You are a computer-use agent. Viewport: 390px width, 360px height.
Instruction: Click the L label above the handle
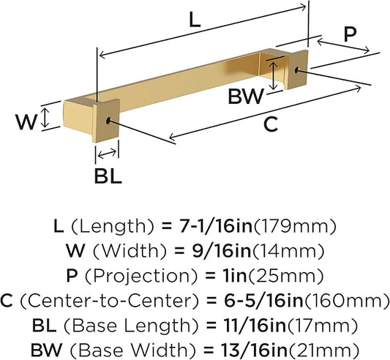point(194,20)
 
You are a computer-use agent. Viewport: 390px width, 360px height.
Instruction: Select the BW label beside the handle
point(245,97)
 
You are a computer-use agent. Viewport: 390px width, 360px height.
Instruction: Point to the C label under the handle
point(270,124)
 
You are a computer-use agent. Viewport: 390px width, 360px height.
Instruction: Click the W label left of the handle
point(26,121)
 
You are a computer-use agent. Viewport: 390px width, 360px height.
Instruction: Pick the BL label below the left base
point(108,176)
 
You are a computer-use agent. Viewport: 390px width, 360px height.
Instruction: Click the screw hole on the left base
point(108,121)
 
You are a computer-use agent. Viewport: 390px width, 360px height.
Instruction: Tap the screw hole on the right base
point(297,70)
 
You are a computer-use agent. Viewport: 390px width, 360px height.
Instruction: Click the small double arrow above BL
point(108,154)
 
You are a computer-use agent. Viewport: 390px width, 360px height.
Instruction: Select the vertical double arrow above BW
point(274,75)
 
